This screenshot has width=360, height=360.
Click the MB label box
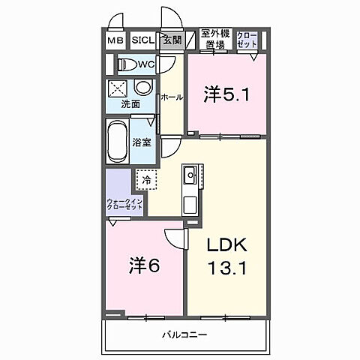(x=115, y=40)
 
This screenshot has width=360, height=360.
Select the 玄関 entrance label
(x=171, y=40)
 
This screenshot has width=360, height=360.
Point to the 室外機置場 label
(x=215, y=39)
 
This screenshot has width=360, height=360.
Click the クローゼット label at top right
(x=247, y=39)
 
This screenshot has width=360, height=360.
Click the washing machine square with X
(x=118, y=88)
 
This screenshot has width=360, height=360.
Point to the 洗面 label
(x=130, y=104)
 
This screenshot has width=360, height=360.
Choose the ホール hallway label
(x=170, y=97)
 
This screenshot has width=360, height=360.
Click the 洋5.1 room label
(x=224, y=94)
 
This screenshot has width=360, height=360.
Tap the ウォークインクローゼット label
(x=120, y=204)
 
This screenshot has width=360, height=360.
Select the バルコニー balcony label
(x=183, y=334)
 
